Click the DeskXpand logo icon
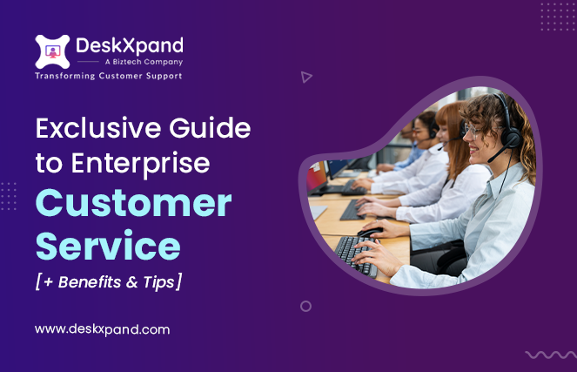[x=52, y=51]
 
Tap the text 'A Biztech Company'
[x=131, y=63]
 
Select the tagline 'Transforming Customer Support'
[x=109, y=77]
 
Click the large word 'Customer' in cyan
[x=133, y=204]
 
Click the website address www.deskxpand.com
[x=102, y=329]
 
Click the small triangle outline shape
[x=305, y=77]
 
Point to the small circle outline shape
[x=305, y=306]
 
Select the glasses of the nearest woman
[x=472, y=129]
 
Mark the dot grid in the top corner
[x=557, y=16]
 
